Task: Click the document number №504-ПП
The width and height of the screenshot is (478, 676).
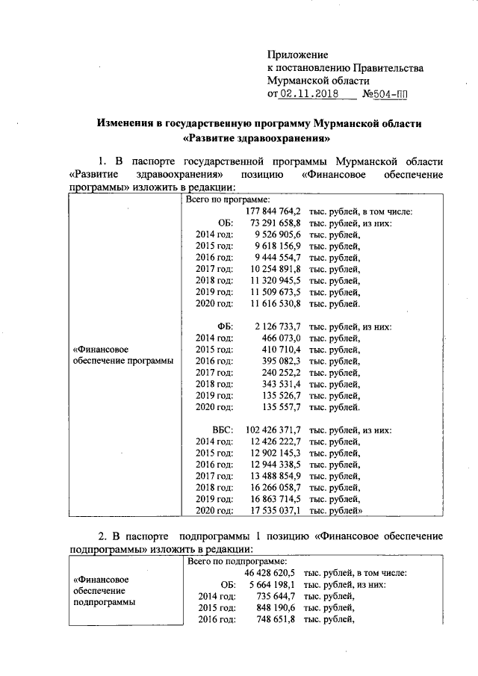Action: pyautogui.click(x=386, y=95)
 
